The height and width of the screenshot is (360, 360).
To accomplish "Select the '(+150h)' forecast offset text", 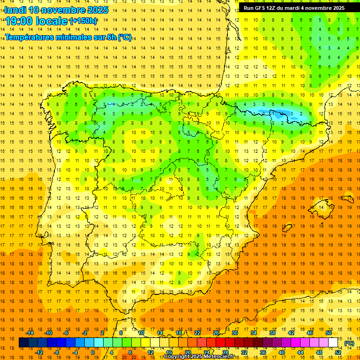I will click(x=83, y=21).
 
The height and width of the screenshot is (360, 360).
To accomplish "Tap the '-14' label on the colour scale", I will click(x=30, y=333).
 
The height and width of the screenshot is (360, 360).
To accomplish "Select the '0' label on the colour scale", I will click(x=93, y=352).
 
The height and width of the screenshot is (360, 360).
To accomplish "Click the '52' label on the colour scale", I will click(x=337, y=352).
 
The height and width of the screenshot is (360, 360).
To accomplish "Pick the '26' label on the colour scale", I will click(x=216, y=333).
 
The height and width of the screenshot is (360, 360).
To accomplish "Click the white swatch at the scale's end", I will click(x=333, y=343).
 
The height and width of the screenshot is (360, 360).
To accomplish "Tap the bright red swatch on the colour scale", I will click(x=221, y=343).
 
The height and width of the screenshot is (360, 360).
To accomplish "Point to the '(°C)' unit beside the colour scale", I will click(x=349, y=343).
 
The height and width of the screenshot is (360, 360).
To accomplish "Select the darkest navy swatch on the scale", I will click(x=23, y=343).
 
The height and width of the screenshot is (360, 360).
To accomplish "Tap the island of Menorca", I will click(x=348, y=199).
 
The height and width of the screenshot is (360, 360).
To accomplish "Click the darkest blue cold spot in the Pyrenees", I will click(x=280, y=113).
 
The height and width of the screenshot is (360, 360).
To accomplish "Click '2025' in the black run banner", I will click(x=336, y=8).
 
